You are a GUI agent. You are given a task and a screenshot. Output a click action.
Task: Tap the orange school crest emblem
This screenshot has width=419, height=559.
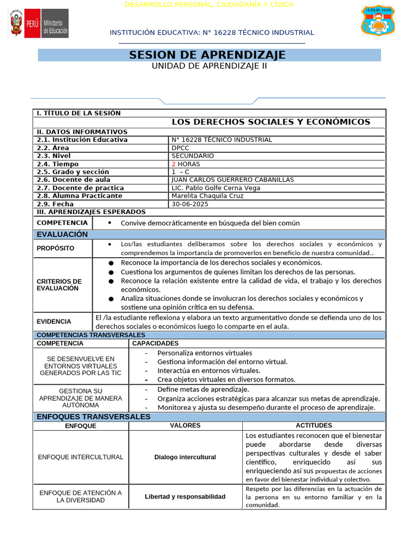click(x=378, y=21)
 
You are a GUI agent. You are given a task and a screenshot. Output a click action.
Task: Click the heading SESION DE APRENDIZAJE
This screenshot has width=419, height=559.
click(x=207, y=55)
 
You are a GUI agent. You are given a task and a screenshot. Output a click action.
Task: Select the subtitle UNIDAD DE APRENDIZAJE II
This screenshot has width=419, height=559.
click(x=209, y=66)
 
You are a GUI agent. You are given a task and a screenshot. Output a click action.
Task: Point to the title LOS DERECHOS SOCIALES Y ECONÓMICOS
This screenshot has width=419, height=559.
click(x=271, y=122)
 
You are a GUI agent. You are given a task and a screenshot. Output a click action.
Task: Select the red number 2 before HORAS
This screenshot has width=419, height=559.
click(x=173, y=164)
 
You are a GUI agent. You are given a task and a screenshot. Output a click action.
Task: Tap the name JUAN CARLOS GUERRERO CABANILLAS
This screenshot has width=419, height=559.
click(x=232, y=180)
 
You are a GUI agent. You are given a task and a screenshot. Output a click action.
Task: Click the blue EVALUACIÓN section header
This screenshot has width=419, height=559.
click(x=62, y=234)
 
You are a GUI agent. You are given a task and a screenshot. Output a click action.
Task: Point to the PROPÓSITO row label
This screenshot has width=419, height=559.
click(x=56, y=248)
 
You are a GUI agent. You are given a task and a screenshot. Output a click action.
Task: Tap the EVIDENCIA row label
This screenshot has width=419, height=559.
click(x=54, y=322)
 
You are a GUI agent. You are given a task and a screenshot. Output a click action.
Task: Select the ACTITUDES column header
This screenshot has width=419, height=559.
click(x=314, y=425)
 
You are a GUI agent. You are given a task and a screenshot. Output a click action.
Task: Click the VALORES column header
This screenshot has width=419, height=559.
click(x=185, y=425)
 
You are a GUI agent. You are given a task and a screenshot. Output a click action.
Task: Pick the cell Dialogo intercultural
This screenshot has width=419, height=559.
click(x=185, y=457)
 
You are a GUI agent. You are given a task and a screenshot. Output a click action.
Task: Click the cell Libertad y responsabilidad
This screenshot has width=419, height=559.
click(x=185, y=497)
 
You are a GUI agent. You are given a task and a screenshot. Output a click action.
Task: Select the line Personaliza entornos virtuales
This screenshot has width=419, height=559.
click(x=205, y=353)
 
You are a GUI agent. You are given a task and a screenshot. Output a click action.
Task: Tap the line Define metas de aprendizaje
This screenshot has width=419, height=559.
click(x=203, y=389)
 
